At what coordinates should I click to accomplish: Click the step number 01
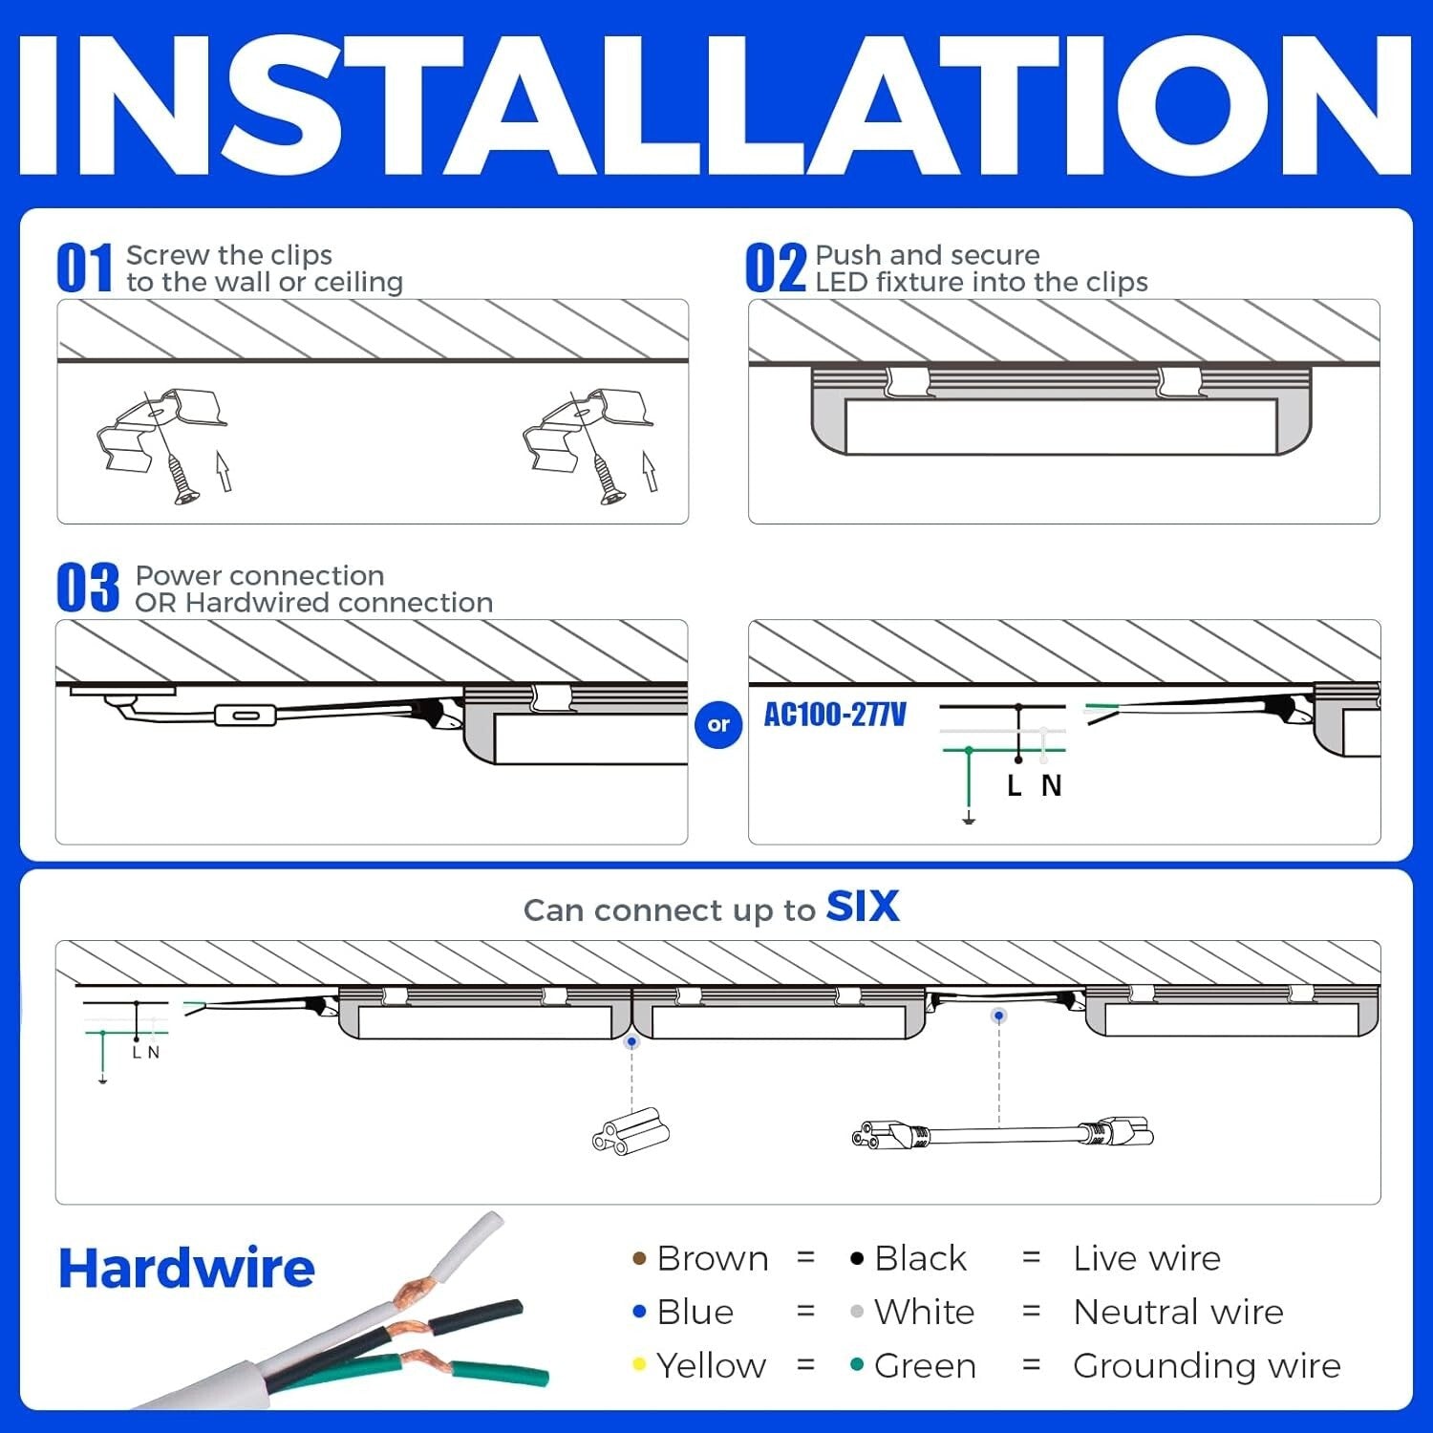[84, 268]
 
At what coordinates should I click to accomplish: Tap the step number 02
[776, 268]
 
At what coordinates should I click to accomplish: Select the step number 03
[87, 588]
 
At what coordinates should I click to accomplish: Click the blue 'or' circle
[718, 724]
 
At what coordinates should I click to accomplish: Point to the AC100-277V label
[835, 715]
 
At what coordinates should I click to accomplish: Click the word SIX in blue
[862, 907]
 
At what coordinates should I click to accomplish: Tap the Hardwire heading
[186, 1269]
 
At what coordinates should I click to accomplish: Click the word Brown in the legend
[713, 1259]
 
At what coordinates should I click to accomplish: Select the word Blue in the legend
[695, 1313]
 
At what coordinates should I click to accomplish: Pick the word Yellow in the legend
[711, 1366]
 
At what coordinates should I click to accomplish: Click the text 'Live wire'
[1146, 1259]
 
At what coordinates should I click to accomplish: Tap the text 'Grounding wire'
[1207, 1366]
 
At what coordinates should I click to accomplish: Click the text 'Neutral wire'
[1178, 1313]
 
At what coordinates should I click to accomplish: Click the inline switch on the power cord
[246, 716]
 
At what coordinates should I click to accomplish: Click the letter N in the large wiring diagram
[1051, 785]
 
